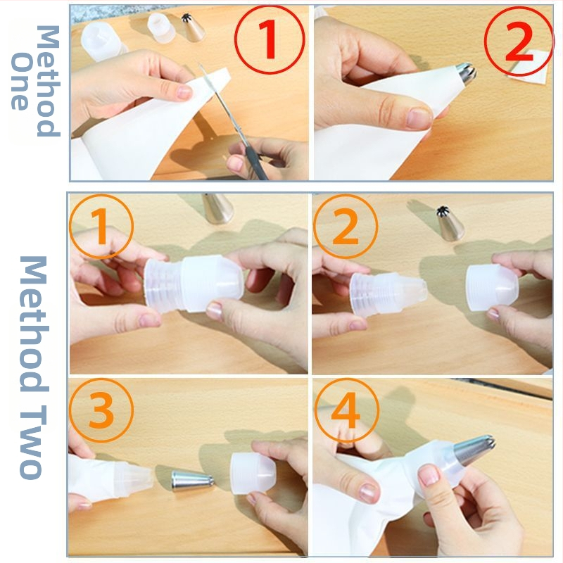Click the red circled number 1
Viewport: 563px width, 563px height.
(270, 39)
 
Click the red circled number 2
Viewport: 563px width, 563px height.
(519, 42)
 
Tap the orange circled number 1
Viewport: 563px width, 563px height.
(101, 226)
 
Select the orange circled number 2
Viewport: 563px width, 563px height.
(346, 226)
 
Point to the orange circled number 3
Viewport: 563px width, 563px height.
(101, 410)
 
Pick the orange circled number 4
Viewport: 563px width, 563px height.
(346, 410)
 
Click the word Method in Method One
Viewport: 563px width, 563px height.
(48, 81)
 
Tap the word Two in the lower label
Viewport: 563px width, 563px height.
(33, 443)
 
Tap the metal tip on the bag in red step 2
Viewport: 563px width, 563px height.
(466, 75)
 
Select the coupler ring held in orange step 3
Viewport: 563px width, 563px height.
(253, 473)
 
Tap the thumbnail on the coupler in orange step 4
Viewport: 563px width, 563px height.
(429, 474)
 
